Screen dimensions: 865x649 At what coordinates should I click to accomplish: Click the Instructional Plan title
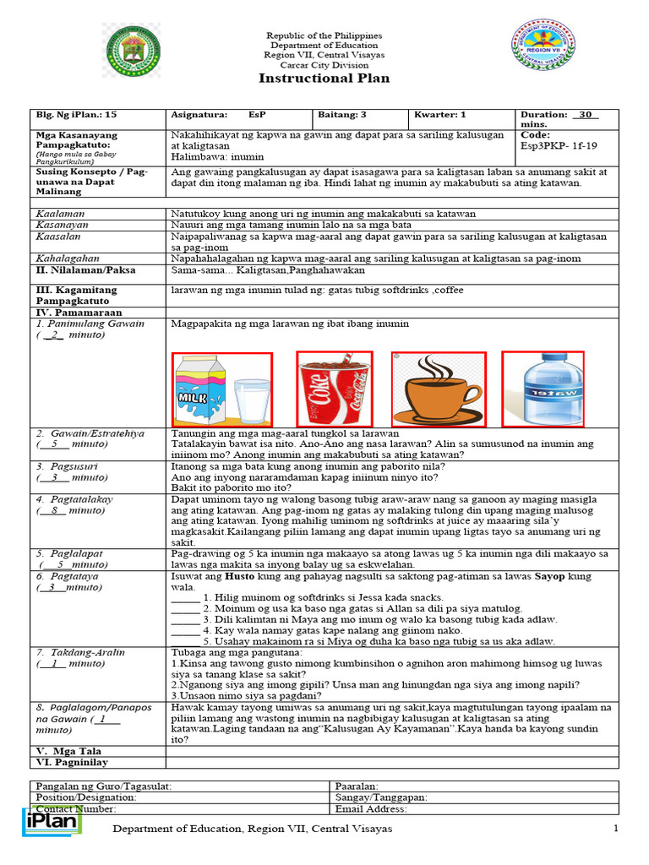point(324,79)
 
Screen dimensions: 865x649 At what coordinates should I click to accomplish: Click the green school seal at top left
point(133,50)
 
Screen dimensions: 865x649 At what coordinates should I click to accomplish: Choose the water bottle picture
point(543,388)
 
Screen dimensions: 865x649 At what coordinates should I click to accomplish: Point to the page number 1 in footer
point(616,829)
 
